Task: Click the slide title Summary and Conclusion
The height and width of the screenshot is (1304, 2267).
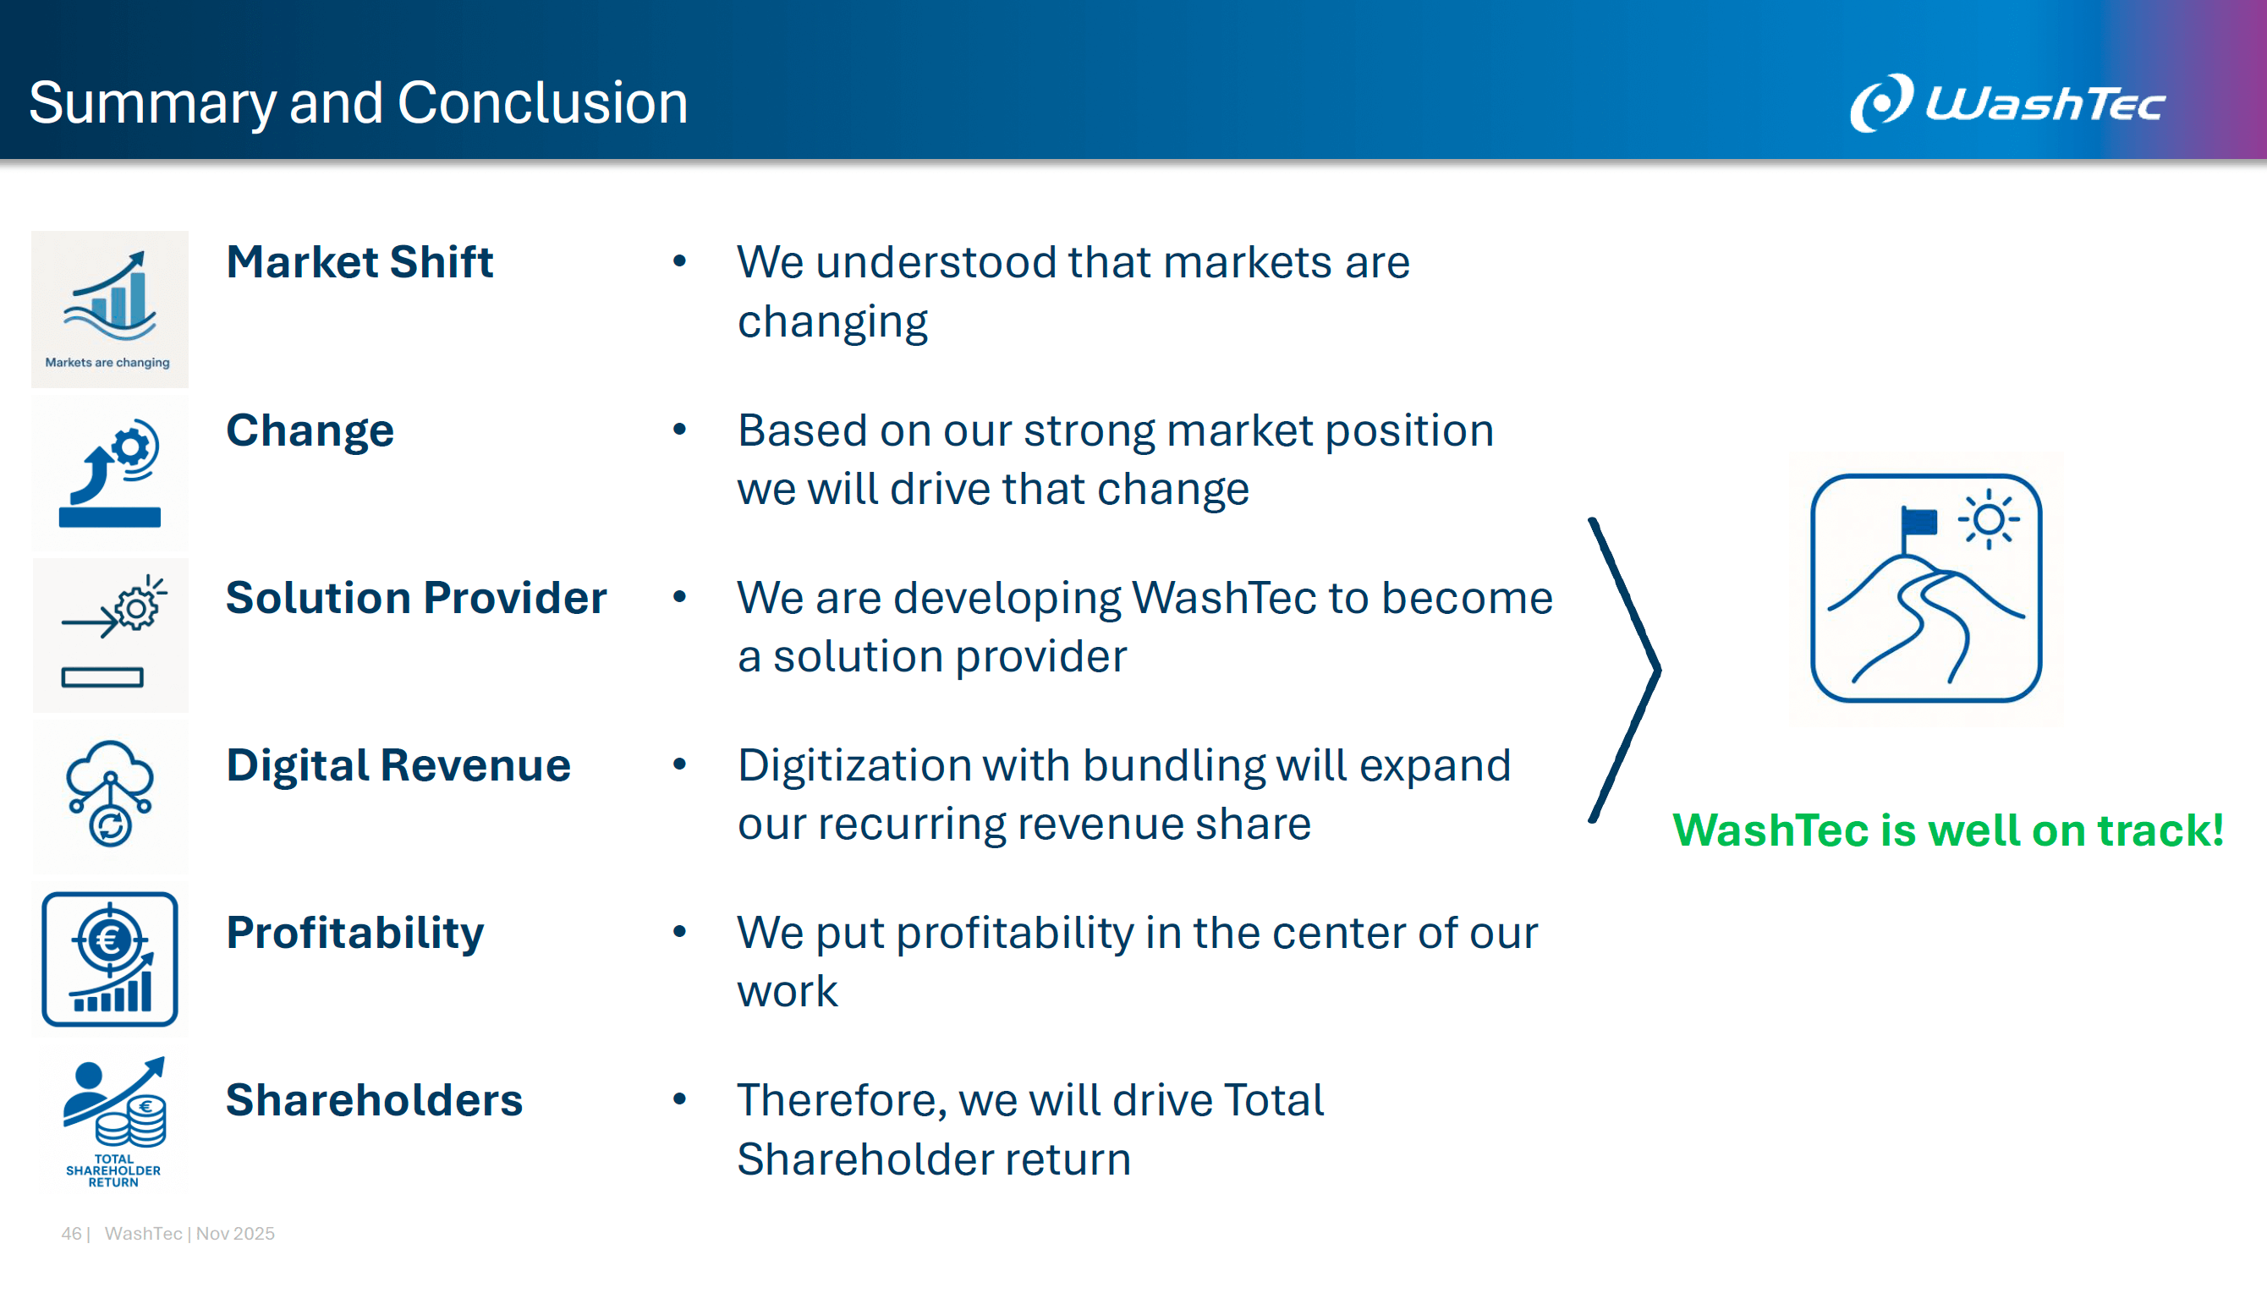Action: [x=359, y=104]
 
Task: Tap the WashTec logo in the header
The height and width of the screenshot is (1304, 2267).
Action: [x=2007, y=103]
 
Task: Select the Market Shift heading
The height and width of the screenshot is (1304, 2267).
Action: [x=360, y=261]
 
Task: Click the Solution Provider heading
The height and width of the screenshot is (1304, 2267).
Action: [x=416, y=597]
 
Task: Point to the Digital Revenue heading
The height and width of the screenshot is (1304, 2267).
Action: [x=398, y=766]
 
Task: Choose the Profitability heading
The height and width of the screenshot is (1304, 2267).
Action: [x=354, y=934]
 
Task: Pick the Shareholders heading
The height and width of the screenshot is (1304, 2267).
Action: [x=375, y=1100]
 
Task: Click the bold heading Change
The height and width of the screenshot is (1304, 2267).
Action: [x=310, y=430]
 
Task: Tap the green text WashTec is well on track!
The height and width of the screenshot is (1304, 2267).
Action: [x=1948, y=830]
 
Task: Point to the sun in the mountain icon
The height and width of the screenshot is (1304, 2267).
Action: [x=1989, y=519]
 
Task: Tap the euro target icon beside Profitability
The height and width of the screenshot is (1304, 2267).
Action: [x=110, y=959]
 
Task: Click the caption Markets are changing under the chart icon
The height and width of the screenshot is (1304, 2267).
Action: [x=107, y=363]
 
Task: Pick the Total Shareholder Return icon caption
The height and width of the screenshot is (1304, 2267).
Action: [x=113, y=1170]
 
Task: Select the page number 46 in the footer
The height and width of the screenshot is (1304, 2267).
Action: [x=71, y=1233]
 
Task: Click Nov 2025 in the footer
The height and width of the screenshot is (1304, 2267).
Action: [x=235, y=1233]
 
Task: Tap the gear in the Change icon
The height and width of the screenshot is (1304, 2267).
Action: [x=133, y=445]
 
